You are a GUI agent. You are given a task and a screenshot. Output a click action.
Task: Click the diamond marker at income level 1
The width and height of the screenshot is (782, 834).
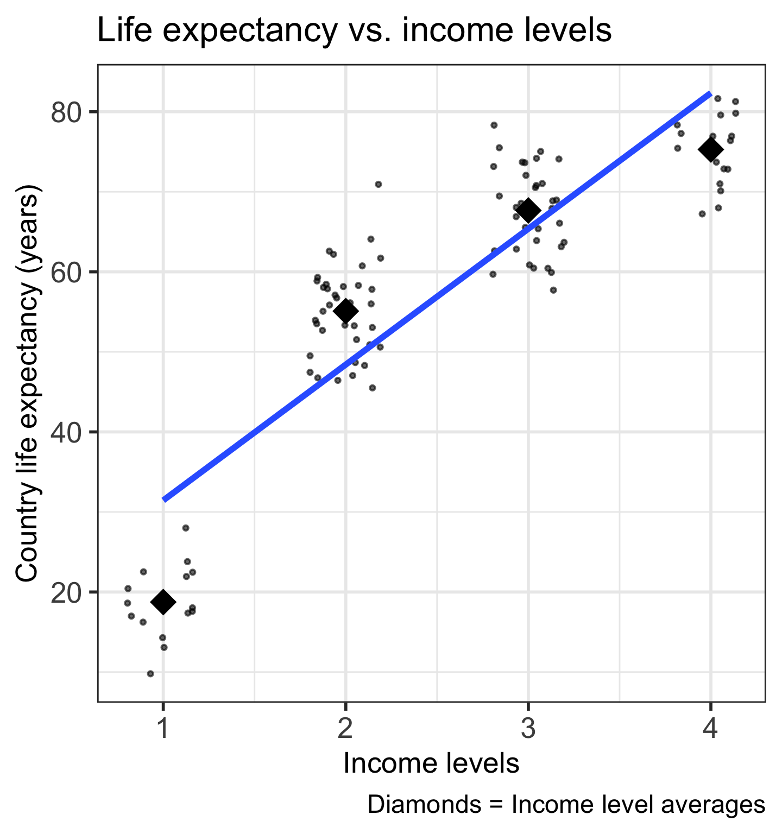pyautogui.click(x=163, y=602)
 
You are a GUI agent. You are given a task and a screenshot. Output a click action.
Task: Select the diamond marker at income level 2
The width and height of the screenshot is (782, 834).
pyautogui.click(x=346, y=311)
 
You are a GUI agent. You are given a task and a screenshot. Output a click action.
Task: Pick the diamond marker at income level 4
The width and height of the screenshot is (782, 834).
pyautogui.click(x=710, y=149)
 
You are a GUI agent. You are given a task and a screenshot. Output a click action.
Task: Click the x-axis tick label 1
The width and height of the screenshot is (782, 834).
pyautogui.click(x=163, y=729)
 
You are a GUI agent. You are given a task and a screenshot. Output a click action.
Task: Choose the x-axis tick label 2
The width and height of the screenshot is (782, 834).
pyautogui.click(x=345, y=729)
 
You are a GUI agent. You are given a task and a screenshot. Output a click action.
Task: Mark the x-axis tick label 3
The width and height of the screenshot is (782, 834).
pyautogui.click(x=528, y=729)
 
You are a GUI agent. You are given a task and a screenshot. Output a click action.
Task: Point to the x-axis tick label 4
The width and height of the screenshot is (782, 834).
pyautogui.click(x=710, y=729)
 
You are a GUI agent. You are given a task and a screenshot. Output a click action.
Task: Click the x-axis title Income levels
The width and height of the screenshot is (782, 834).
pyautogui.click(x=431, y=764)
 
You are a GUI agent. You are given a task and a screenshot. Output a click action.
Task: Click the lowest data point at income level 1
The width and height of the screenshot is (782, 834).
pyautogui.click(x=150, y=674)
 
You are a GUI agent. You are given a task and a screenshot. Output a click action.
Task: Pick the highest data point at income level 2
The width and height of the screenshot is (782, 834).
pyautogui.click(x=379, y=184)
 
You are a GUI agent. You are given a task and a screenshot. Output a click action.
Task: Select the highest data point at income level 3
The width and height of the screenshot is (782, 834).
pyautogui.click(x=494, y=125)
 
